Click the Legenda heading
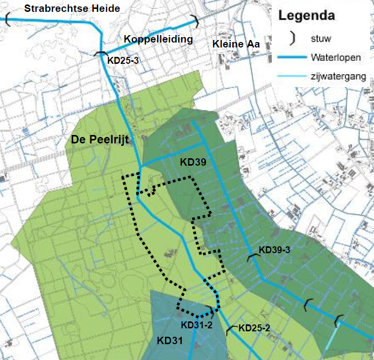[x=306, y=15]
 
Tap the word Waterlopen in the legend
[x=335, y=57]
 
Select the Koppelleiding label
[x=158, y=40]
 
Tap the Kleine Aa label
[x=236, y=45]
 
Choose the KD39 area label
[x=193, y=162]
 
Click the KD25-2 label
[x=254, y=327]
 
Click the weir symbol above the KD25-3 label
[x=100, y=53]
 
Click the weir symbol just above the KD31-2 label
[x=211, y=310]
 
